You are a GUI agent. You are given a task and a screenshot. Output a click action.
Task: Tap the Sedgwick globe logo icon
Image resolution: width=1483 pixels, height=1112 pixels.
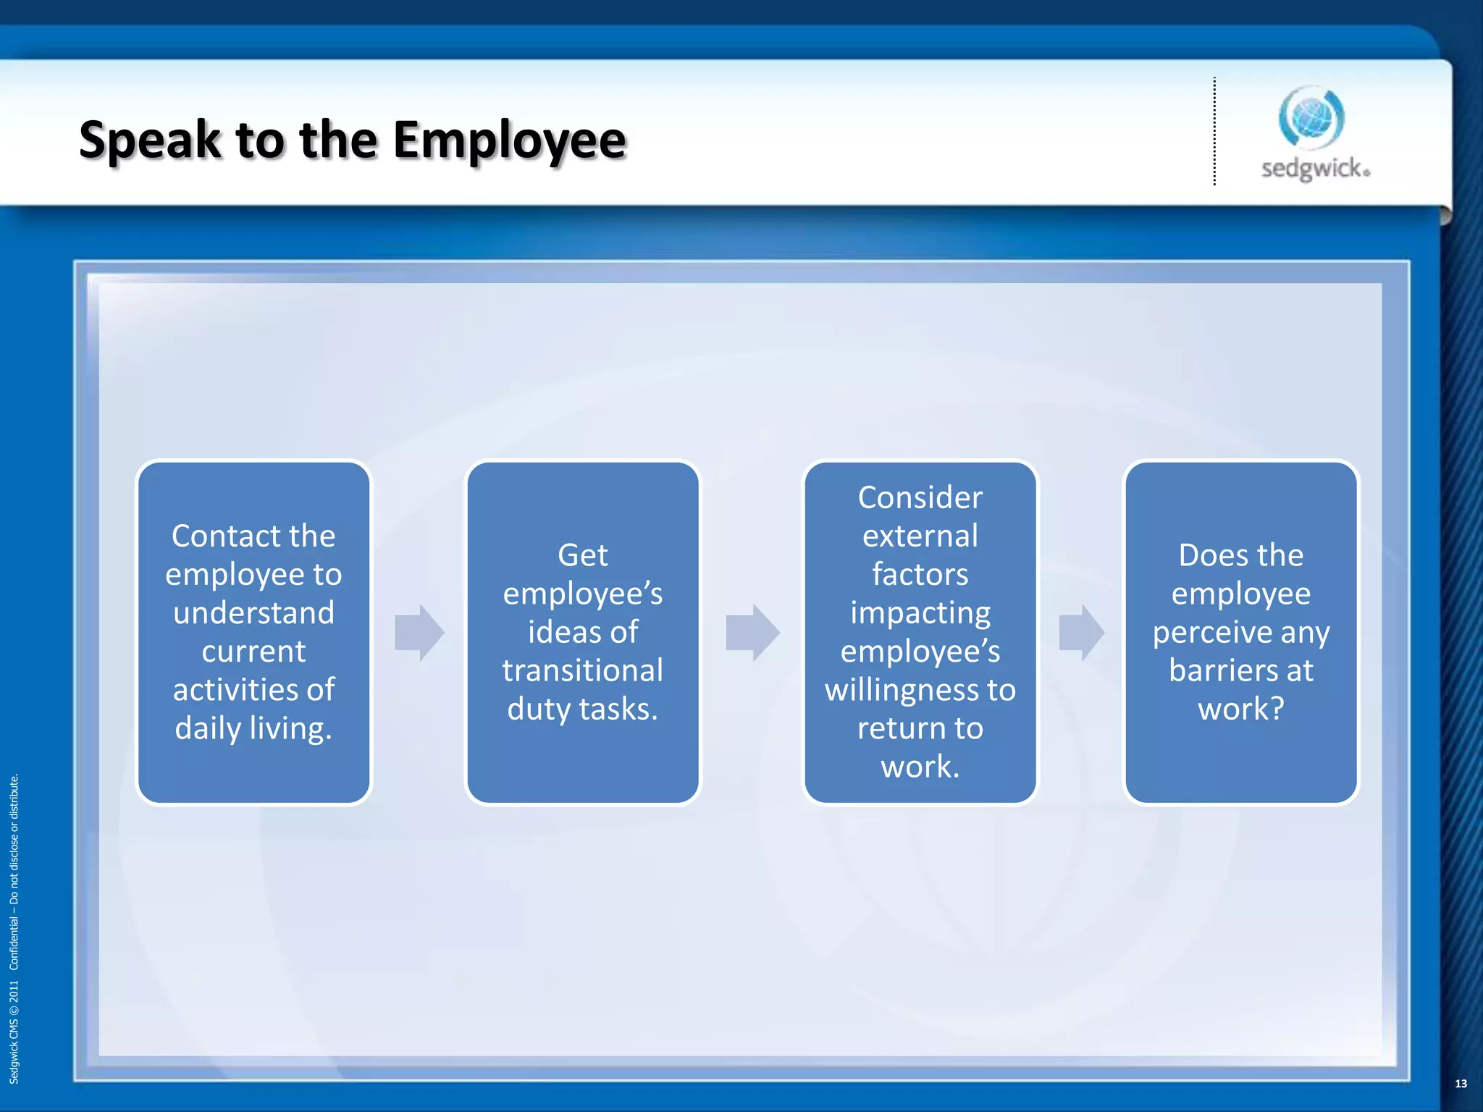pyautogui.click(x=1311, y=117)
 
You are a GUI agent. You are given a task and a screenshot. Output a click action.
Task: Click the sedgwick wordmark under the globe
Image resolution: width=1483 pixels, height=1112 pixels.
pyautogui.click(x=1315, y=169)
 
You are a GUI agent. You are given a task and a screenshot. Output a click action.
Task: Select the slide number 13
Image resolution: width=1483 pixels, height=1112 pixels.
pyautogui.click(x=1461, y=1084)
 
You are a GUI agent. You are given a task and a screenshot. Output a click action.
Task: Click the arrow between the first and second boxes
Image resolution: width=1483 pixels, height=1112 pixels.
pyautogui.click(x=419, y=632)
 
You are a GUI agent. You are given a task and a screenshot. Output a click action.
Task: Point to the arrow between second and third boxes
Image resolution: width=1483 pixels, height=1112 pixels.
pyautogui.click(x=752, y=632)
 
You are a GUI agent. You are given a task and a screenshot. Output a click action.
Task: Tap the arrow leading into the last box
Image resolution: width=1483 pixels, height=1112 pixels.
pyautogui.click(x=1081, y=632)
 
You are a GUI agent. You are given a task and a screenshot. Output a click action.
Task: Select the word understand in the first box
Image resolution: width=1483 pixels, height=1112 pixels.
pyautogui.click(x=253, y=613)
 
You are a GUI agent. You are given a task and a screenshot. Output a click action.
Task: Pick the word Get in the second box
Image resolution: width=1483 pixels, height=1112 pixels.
pyautogui.click(x=582, y=555)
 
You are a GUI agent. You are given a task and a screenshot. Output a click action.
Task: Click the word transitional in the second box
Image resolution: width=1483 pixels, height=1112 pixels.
pyautogui.click(x=582, y=670)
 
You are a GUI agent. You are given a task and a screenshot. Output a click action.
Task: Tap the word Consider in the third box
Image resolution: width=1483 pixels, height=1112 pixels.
pyautogui.click(x=920, y=497)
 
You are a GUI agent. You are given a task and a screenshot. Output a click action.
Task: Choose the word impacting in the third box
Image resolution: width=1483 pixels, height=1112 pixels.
pyautogui.click(x=920, y=613)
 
